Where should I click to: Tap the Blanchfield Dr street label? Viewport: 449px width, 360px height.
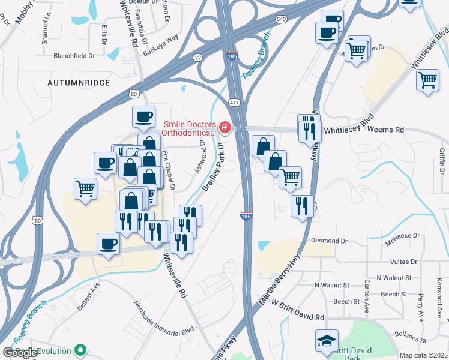click(74, 56)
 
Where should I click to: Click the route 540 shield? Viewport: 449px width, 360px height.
click(282, 19)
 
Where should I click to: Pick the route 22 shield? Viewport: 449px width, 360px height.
click(197, 57)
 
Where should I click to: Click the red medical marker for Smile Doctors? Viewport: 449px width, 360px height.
click(225, 127)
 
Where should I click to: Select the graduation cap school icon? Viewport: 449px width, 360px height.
click(327, 340)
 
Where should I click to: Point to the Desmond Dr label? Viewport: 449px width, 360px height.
click(329, 241)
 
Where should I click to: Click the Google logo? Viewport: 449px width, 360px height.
click(20, 352)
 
